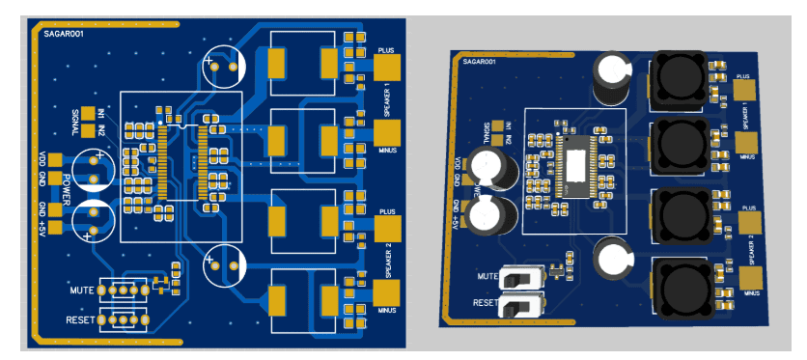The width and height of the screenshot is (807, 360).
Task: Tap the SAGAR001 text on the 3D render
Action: tap(480, 61)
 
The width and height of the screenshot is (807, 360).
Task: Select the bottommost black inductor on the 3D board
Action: tap(683, 287)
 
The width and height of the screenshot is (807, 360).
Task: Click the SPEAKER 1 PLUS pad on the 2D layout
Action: tap(386, 67)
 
